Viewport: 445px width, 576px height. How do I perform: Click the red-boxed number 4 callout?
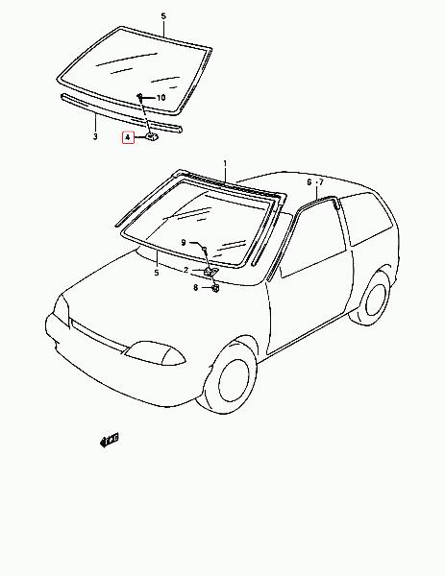[128, 137]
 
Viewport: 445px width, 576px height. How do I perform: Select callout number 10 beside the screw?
[161, 98]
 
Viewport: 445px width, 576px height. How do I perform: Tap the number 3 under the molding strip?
[95, 136]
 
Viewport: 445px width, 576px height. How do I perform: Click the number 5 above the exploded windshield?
[163, 16]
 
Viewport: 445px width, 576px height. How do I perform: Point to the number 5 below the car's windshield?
[157, 273]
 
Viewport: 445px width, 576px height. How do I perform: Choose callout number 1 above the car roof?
[225, 163]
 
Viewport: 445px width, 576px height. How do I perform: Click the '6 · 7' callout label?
[315, 182]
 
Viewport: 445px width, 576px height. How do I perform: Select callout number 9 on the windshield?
[184, 243]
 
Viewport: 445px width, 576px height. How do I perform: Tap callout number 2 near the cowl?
[186, 271]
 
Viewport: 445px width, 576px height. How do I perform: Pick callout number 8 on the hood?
[196, 288]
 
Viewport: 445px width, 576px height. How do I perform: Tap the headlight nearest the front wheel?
[155, 353]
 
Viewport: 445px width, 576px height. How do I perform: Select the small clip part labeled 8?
[216, 288]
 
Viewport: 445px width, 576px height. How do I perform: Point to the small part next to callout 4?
[152, 137]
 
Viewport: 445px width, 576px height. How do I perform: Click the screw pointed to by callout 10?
[139, 97]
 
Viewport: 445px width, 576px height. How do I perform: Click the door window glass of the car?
[312, 243]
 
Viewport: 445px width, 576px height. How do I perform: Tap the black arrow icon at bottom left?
[109, 440]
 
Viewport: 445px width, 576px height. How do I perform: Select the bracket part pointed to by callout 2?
[210, 272]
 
